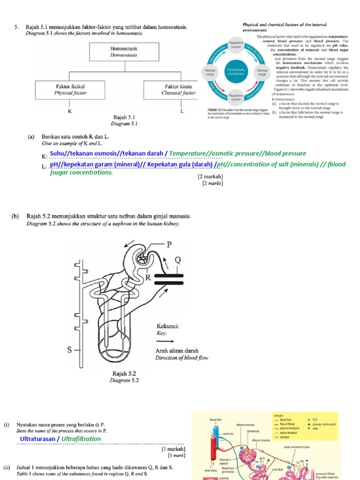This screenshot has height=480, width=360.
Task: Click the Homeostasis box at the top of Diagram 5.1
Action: point(124,52)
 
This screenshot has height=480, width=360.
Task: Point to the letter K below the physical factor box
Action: point(70,112)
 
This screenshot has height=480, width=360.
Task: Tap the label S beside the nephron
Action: point(70,349)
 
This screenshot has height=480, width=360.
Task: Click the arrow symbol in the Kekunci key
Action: point(165,342)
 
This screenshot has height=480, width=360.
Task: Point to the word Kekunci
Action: point(167,326)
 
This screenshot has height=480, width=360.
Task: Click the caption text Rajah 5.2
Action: point(124,374)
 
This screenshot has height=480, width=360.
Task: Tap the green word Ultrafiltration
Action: point(81,439)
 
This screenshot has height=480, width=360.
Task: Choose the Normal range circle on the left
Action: point(210,72)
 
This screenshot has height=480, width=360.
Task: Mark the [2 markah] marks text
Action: point(210,177)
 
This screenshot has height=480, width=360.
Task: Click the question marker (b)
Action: point(16,217)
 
